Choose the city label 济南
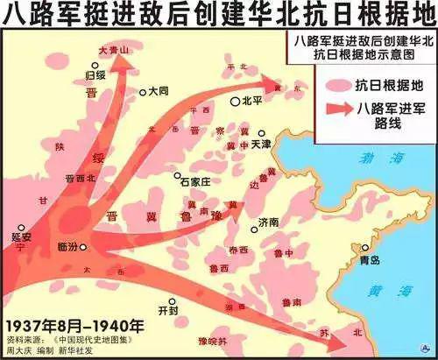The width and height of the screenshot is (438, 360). click(270, 224)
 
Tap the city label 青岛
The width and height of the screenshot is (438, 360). click(370, 261)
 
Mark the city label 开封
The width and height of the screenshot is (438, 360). click(167, 310)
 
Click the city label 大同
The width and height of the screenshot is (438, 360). click(158, 90)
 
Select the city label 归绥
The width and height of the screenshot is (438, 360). click(95, 74)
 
